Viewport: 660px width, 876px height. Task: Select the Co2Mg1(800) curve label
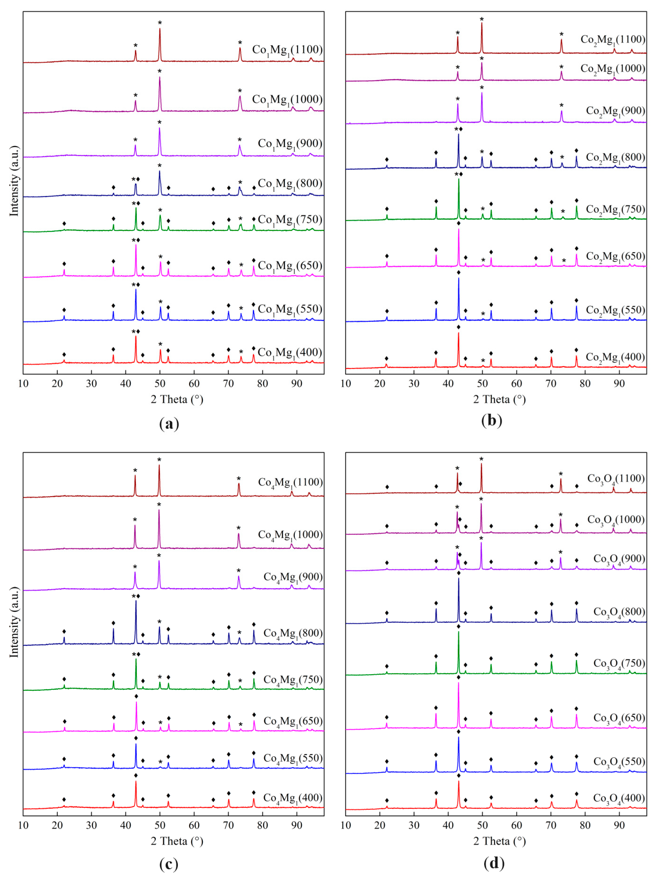point(615,158)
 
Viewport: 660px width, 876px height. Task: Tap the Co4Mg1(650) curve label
point(293,721)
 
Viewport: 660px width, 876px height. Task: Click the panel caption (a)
point(169,424)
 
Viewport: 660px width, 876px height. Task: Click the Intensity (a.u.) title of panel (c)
point(14,622)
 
